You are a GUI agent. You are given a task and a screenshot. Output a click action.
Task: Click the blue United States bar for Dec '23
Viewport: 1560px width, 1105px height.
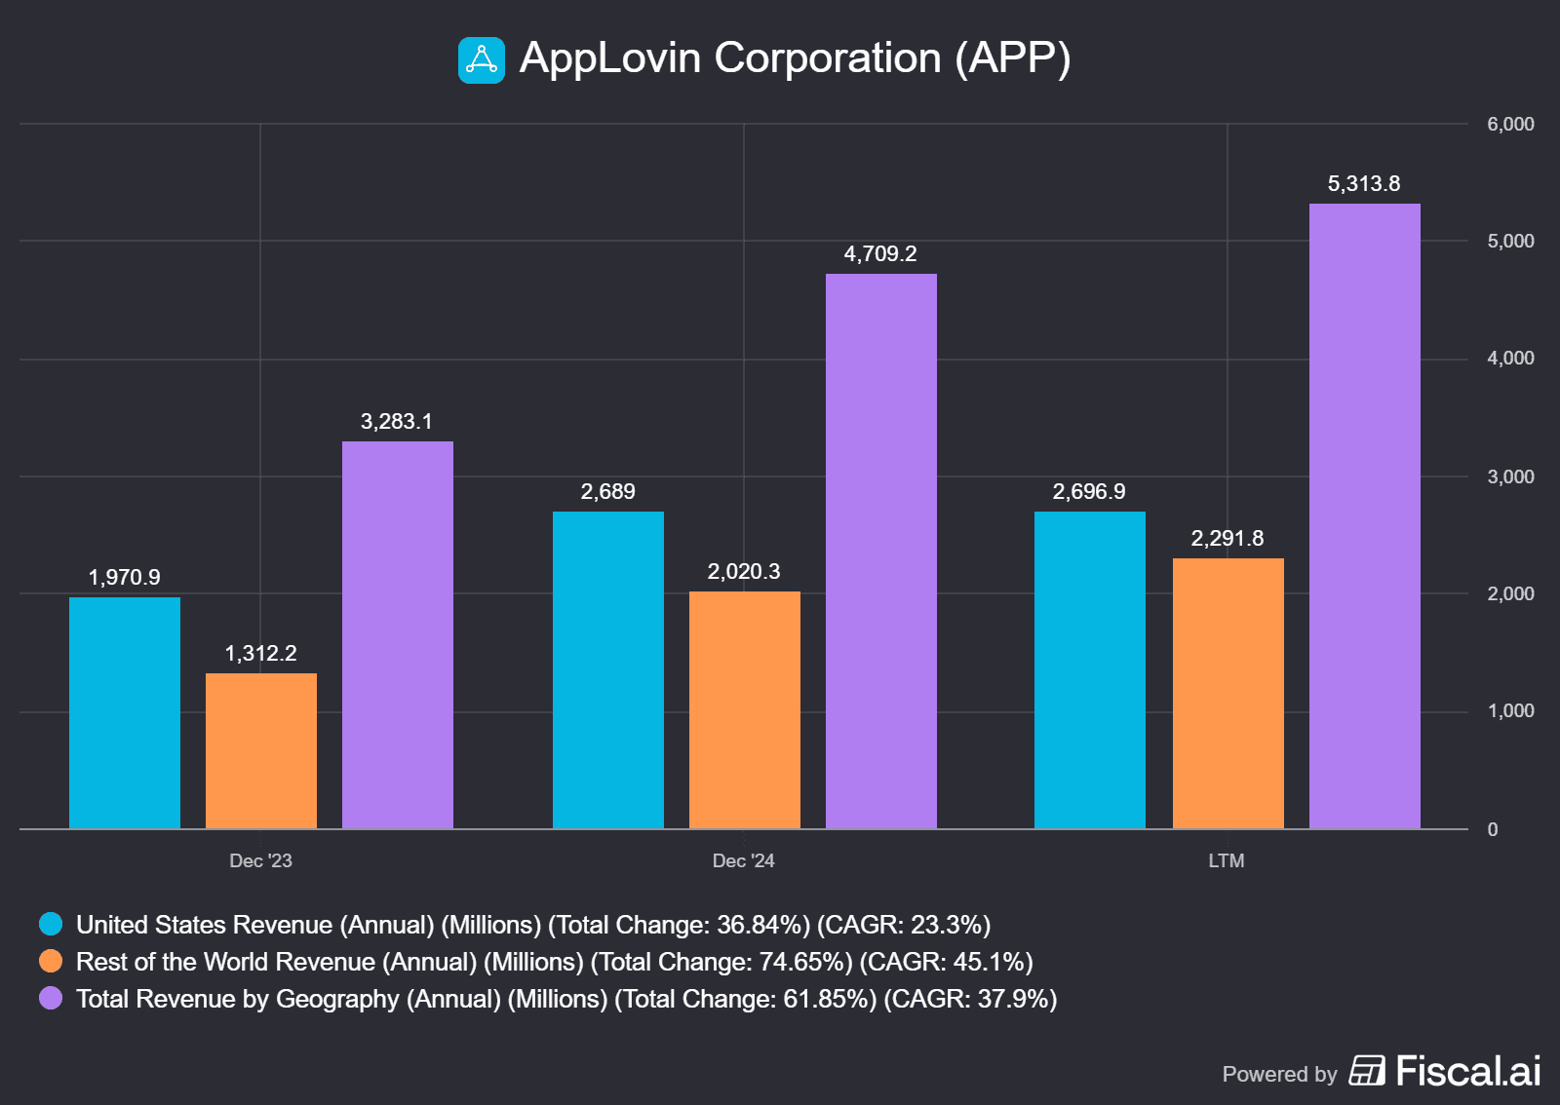[x=125, y=712]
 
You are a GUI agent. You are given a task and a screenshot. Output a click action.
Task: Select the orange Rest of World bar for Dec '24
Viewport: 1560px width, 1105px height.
[x=744, y=709]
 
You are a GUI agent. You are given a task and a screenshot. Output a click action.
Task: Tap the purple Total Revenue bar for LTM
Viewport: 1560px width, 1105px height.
[x=1364, y=515]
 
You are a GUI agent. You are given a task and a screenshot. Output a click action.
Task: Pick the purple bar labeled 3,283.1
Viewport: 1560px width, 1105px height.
[x=397, y=634]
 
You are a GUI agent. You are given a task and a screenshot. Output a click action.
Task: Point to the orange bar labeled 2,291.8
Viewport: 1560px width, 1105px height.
[x=1228, y=693]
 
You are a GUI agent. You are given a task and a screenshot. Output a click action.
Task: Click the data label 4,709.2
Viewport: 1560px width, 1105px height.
[x=880, y=254]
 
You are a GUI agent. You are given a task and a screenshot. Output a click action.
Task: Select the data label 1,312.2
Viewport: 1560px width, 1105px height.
[x=260, y=654]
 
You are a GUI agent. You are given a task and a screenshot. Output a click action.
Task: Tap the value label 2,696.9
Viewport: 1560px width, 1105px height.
[x=1089, y=492]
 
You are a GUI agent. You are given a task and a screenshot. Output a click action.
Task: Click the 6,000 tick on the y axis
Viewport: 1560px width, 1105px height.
[x=1510, y=125]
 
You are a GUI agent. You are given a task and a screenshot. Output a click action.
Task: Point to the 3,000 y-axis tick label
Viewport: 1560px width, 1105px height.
[x=1510, y=476]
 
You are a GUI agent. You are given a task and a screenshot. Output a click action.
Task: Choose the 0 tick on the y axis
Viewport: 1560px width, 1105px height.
[x=1493, y=829]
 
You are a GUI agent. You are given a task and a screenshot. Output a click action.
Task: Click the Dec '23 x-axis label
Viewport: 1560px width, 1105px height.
[x=260, y=861]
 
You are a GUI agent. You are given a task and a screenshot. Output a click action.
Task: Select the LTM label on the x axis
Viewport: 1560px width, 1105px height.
[x=1226, y=861]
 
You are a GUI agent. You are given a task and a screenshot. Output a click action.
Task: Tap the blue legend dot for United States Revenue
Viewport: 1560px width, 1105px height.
[x=51, y=924]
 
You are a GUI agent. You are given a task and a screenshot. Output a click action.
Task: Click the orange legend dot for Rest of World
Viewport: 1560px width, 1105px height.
[x=51, y=961]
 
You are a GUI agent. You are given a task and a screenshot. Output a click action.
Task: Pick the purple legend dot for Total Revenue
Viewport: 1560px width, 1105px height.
[x=51, y=998]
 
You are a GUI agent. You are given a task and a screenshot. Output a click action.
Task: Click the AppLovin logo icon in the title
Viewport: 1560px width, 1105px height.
[x=482, y=60]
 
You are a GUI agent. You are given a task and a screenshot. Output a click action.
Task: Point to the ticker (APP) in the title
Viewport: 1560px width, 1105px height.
[x=1013, y=58]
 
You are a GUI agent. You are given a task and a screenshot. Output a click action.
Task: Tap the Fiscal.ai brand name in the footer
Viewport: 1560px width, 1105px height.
[x=1467, y=1072]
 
